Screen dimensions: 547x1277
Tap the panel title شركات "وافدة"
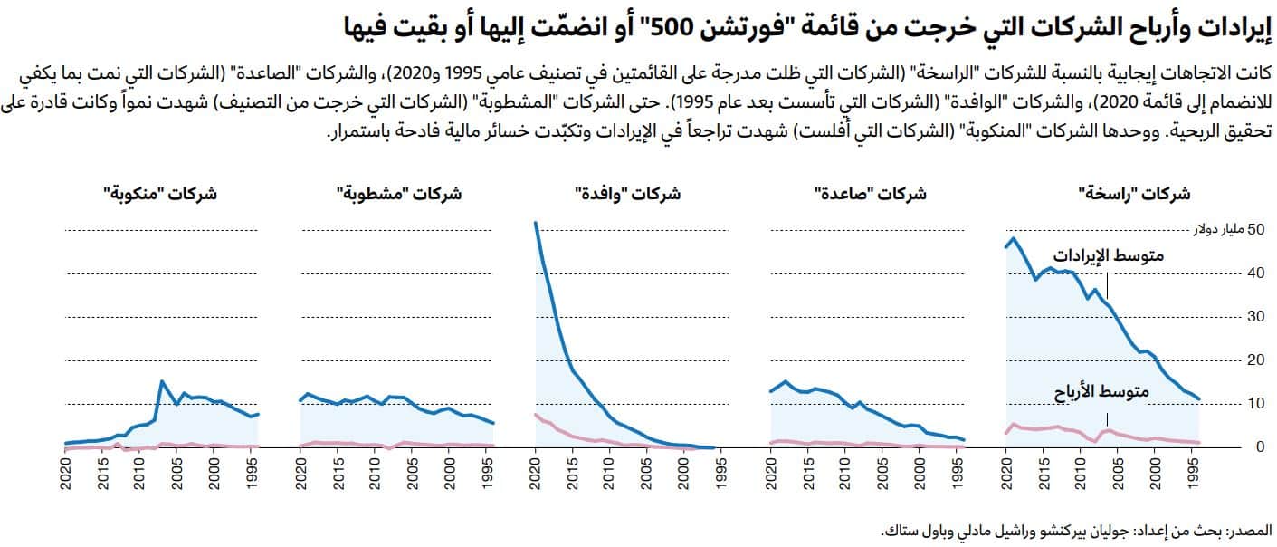pyautogui.click(x=628, y=193)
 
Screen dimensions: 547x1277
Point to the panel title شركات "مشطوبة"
pyautogui.click(x=398, y=193)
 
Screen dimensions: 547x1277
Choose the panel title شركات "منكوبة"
pyautogui.click(x=160, y=193)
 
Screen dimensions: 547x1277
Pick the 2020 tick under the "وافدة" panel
pyautogui.click(x=536, y=475)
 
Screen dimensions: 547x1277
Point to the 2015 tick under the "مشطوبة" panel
pyautogui.click(x=338, y=475)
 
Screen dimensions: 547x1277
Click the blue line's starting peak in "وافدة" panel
pyautogui.click(x=536, y=223)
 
